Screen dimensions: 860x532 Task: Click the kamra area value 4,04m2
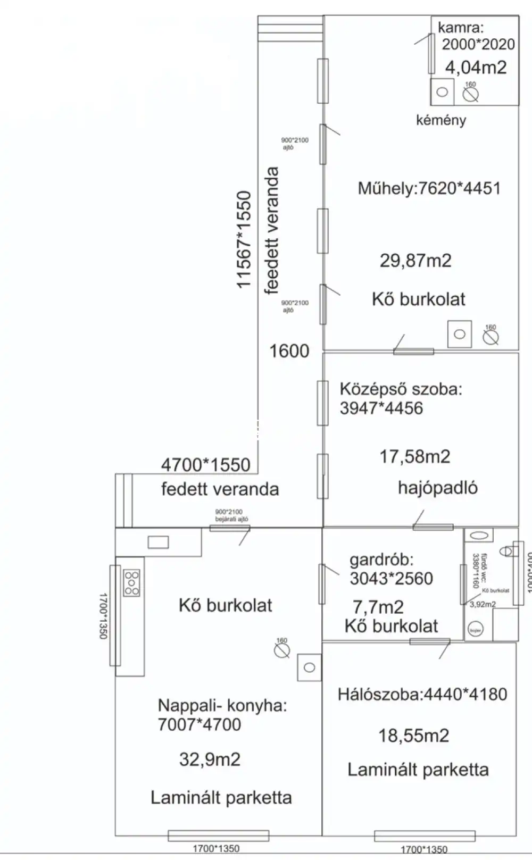click(476, 68)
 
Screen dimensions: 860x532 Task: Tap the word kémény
click(441, 120)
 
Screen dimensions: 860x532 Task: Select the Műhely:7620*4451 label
click(429, 188)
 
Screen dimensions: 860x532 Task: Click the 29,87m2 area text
click(415, 261)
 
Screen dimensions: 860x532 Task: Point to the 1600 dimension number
click(289, 351)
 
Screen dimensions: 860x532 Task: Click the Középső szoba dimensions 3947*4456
click(381, 408)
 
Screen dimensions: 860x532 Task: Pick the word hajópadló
click(438, 488)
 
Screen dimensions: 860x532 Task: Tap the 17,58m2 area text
click(414, 456)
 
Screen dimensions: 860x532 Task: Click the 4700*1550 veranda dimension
click(205, 465)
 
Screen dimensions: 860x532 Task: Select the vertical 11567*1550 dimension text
click(244, 239)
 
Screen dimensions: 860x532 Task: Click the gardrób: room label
click(381, 560)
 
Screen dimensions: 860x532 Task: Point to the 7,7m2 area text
click(378, 607)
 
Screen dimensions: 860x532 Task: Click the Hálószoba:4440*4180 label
click(422, 694)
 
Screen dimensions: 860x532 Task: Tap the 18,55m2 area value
click(413, 736)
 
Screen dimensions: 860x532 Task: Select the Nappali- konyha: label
click(222, 706)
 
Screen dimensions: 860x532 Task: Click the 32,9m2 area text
click(210, 759)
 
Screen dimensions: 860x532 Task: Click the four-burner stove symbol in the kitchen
click(131, 583)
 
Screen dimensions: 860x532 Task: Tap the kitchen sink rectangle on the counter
click(158, 542)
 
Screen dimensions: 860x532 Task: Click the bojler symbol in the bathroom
click(475, 631)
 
